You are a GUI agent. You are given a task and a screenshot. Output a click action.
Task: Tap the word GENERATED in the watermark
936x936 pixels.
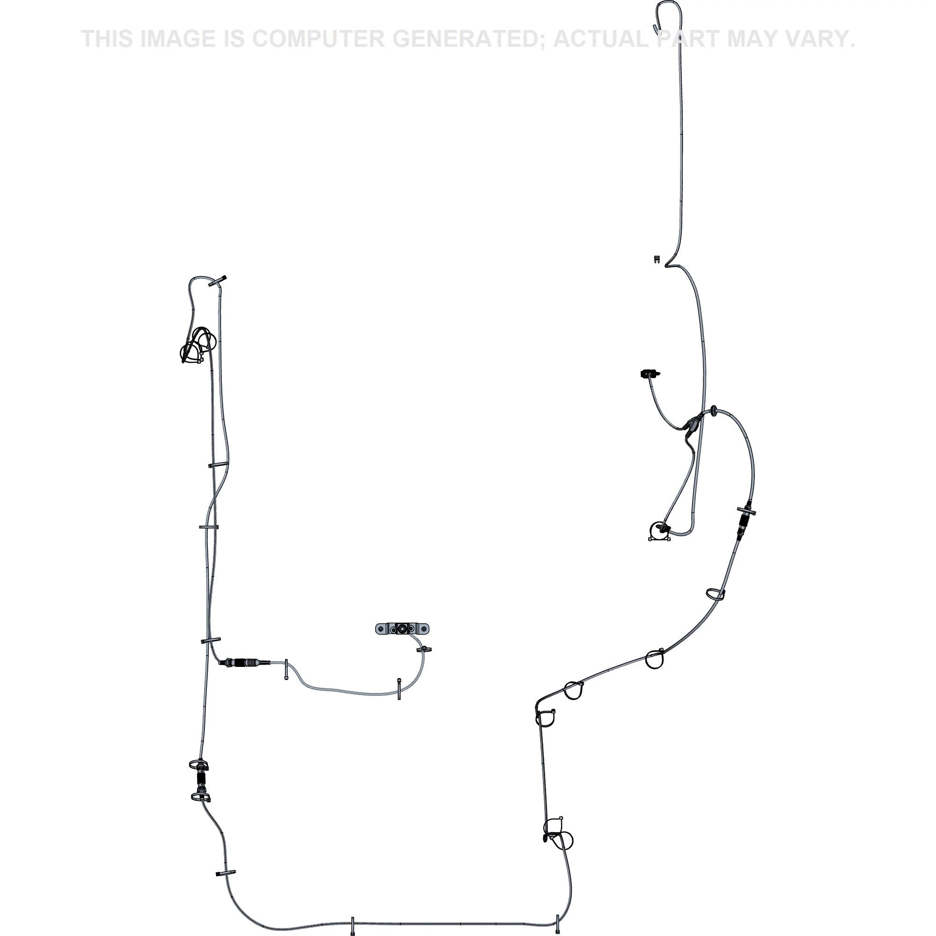click(465, 39)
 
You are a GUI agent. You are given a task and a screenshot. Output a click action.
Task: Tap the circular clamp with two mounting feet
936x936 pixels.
click(659, 531)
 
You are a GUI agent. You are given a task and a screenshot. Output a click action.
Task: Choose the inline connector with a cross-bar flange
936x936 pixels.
click(745, 523)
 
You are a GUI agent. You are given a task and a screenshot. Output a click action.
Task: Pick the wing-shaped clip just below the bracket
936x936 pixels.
click(424, 649)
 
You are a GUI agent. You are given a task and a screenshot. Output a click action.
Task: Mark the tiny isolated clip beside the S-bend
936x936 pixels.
click(657, 259)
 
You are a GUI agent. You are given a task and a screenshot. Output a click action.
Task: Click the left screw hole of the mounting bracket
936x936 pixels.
click(383, 629)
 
